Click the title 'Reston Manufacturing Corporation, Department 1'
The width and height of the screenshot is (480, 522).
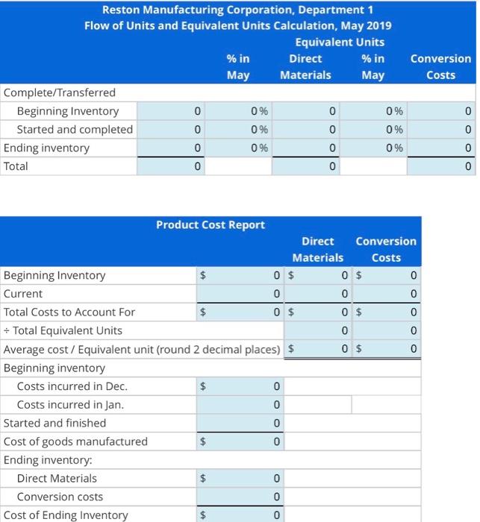(x=237, y=10)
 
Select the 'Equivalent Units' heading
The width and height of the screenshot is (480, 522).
(x=340, y=42)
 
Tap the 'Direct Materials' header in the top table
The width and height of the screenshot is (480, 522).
(x=305, y=66)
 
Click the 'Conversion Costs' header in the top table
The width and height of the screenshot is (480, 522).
(x=440, y=66)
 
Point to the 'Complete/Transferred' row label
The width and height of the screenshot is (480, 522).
(x=60, y=92)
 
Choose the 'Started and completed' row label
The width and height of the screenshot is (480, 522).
(x=75, y=129)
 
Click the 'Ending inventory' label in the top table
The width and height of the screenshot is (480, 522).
(x=46, y=148)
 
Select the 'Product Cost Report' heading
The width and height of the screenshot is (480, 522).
(x=210, y=224)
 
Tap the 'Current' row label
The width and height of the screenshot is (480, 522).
(x=23, y=294)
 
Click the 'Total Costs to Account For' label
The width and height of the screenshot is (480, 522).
(x=69, y=312)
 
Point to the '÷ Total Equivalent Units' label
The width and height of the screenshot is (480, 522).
(x=63, y=330)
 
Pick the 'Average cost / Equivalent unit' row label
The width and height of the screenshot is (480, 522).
(x=143, y=349)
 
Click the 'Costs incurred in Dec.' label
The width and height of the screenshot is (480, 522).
(x=72, y=386)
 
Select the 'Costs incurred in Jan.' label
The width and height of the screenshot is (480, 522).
(x=70, y=405)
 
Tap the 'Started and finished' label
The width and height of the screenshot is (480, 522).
(x=54, y=423)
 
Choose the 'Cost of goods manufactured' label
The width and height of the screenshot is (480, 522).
(x=75, y=441)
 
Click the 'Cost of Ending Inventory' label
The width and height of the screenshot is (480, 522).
(x=66, y=515)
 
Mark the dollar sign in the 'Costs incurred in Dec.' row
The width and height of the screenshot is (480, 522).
(x=203, y=386)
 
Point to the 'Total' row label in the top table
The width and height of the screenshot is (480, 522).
(x=16, y=166)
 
